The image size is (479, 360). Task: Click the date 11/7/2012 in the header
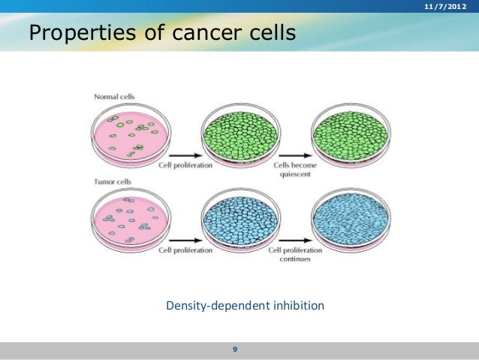(444, 7)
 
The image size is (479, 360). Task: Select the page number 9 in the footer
(235, 349)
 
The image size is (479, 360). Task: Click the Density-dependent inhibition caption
(245, 306)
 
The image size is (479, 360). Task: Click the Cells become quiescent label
(292, 169)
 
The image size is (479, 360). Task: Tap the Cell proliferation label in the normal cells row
(185, 165)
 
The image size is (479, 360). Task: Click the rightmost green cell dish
(351, 135)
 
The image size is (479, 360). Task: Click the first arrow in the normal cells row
(185, 154)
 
